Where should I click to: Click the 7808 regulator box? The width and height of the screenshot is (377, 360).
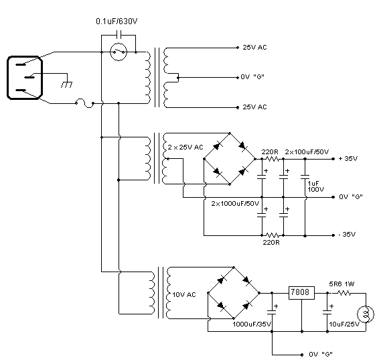301,292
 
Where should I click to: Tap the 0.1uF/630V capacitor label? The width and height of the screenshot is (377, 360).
117,21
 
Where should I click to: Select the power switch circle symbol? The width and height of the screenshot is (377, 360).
119,52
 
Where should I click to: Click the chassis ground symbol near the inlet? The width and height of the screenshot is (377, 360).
66,84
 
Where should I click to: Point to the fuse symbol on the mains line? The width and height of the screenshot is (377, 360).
85,103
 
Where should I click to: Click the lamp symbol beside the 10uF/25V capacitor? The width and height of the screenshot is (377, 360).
366,314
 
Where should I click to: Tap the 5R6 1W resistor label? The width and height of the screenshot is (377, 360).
342,284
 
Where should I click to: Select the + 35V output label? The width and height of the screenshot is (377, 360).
348,159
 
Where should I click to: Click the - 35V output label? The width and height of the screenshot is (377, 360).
347,235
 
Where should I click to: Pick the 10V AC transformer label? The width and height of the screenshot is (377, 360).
184,294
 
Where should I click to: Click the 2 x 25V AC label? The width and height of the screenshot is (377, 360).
185,147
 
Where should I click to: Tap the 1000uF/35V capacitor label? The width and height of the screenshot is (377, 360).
252,324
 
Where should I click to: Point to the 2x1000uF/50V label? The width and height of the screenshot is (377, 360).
235,204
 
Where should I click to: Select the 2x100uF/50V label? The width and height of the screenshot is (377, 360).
307,152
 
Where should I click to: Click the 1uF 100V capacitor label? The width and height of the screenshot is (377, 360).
315,186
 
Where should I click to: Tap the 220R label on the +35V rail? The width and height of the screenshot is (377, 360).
270,152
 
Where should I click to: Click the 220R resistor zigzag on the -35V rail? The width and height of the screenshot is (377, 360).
273,235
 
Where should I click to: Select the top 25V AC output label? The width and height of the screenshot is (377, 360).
254,48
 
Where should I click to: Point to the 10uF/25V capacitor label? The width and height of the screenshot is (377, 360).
344,324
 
